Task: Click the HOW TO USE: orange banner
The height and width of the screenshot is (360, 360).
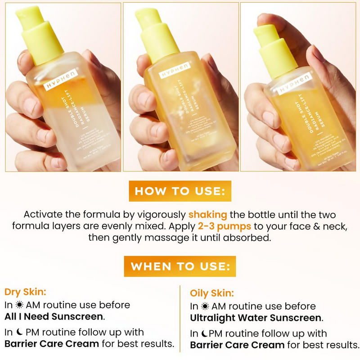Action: tap(180, 191)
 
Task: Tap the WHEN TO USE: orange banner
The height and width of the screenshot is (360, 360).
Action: tap(180, 266)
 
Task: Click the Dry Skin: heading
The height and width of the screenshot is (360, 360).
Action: tap(26, 292)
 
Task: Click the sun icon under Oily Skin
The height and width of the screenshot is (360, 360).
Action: tap(205, 306)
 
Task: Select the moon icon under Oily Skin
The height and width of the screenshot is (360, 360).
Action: tap(205, 334)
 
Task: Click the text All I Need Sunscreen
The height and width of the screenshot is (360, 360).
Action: tap(54, 316)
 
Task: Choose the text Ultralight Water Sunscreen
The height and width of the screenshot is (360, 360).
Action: tap(256, 318)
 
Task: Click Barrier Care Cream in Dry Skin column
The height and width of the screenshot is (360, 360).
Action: tap(52, 344)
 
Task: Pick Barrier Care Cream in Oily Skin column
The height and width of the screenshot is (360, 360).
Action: tap(237, 345)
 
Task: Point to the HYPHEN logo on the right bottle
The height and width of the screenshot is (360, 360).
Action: tap(295, 84)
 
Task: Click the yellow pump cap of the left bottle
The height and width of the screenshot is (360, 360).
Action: tap(40, 34)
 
